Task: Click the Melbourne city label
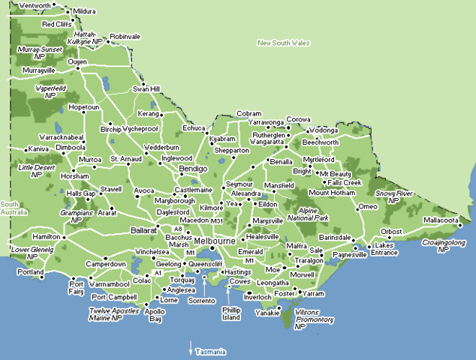tap(215, 241)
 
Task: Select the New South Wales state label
tap(284, 43)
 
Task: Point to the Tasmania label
tap(210, 351)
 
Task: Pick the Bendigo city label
tap(192, 169)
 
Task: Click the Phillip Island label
tap(230, 313)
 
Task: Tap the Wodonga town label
tap(324, 130)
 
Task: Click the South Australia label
tap(13, 208)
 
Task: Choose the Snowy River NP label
tap(394, 196)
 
